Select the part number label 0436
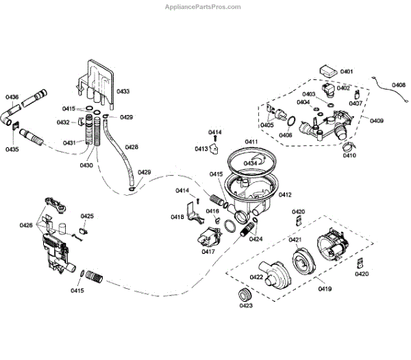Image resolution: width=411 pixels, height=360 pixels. click(x=12, y=97)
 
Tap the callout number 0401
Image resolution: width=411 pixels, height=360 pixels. click(x=346, y=72)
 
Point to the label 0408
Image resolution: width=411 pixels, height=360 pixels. click(x=399, y=85)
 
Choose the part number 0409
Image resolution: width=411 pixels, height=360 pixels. click(x=376, y=121)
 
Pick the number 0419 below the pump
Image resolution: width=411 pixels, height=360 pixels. click(x=324, y=289)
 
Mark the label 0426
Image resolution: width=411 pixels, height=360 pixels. click(x=26, y=225)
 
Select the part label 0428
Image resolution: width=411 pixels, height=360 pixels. click(x=131, y=146)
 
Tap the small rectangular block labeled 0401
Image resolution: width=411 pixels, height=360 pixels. click(x=327, y=70)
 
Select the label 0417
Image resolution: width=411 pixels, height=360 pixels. click(x=209, y=251)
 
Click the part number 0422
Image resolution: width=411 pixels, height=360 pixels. click(x=257, y=277)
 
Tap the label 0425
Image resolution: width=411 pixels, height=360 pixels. click(x=87, y=216)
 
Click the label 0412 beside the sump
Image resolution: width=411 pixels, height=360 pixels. click(x=285, y=195)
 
